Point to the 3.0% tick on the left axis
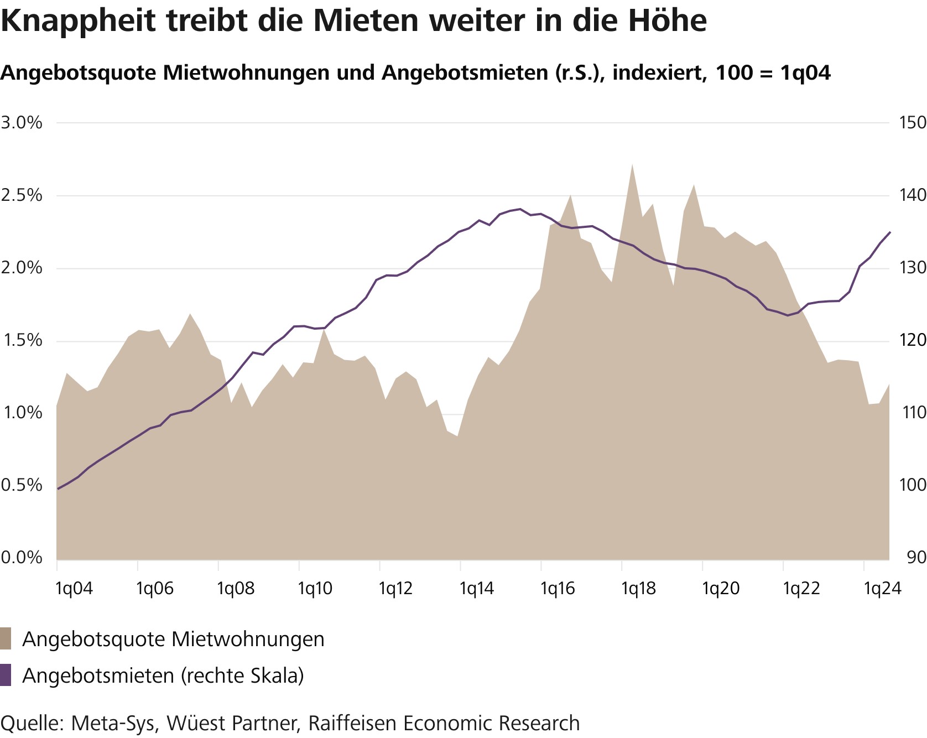[22, 123]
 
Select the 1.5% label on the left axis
[22, 341]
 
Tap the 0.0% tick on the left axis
[22, 558]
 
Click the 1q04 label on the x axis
[74, 589]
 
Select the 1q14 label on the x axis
[477, 589]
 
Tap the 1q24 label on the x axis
[883, 589]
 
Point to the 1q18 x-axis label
[638, 589]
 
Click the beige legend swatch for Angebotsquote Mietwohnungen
[6, 638]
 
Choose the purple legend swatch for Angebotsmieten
[6, 675]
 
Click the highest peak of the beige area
[632, 164]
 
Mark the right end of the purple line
[889, 232]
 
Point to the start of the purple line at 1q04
[58, 489]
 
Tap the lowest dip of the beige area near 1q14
[457, 436]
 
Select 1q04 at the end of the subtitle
[805, 72]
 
